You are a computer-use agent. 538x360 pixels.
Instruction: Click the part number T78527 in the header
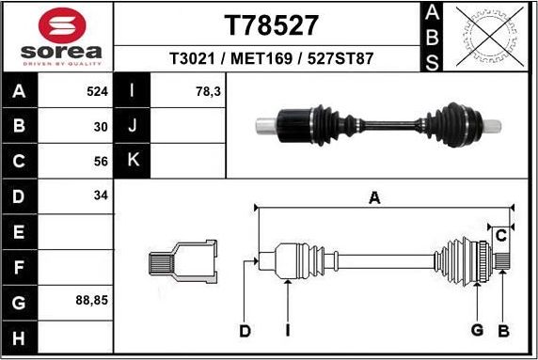pos(271,24)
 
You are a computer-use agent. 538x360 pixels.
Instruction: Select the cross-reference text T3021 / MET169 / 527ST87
pos(271,58)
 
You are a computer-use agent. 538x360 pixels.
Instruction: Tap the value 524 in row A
pos(97,93)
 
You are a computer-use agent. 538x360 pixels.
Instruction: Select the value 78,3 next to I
pos(207,93)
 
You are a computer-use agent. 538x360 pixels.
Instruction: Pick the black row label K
pos(133,160)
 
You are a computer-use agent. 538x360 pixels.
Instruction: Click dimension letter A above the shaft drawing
pos(374,198)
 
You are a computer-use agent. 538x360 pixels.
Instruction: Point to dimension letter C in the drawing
pos(501,234)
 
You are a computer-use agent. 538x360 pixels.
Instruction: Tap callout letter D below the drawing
pos(245,330)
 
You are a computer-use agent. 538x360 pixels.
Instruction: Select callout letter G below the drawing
pos(477,330)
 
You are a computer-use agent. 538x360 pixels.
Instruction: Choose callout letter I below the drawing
pos(287,330)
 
